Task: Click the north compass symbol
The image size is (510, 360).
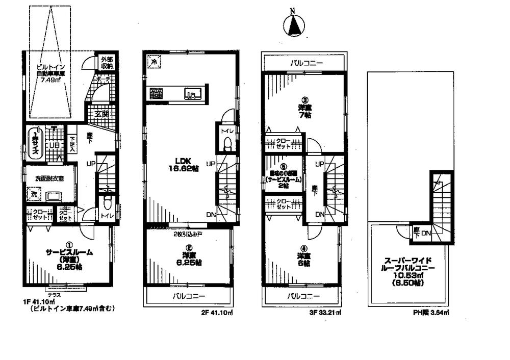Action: coord(293,25)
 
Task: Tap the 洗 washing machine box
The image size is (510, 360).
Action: coord(33,194)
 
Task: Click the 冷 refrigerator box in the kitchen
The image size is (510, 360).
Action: coord(154,61)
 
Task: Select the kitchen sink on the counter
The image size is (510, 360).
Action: coord(193,94)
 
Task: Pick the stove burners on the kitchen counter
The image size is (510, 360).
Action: coord(156,93)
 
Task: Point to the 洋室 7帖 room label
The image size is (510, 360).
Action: coord(304,111)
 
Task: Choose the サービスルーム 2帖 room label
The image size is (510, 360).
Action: coord(284,176)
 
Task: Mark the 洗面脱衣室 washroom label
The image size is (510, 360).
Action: coord(48,178)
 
